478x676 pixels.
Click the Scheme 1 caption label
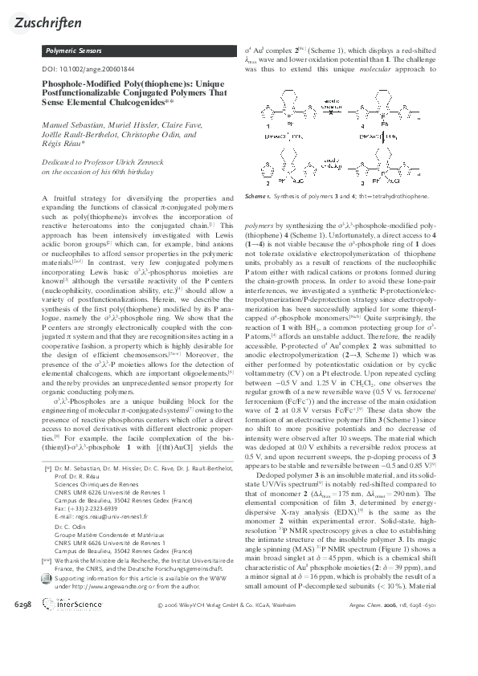click(x=258, y=196)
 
